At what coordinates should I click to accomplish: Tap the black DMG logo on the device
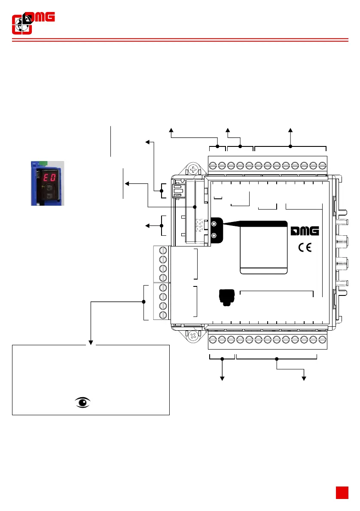tap(305, 231)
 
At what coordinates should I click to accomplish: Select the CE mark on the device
tap(305, 248)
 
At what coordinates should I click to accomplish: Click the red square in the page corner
tap(342, 493)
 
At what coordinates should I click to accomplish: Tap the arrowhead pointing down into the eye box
tap(91, 342)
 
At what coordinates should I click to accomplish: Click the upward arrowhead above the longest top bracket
tap(290, 130)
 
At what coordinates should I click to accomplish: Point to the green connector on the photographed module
tap(42, 163)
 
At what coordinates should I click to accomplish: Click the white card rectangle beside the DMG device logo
tap(263, 249)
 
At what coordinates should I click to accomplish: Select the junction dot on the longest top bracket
tap(290, 146)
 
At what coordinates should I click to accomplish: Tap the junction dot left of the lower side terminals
tap(143, 301)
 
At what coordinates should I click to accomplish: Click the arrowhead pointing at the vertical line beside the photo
tap(127, 183)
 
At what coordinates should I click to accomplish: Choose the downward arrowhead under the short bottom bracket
tap(223, 377)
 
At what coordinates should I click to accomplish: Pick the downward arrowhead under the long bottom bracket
tap(304, 377)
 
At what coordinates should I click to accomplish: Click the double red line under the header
tap(180, 40)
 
